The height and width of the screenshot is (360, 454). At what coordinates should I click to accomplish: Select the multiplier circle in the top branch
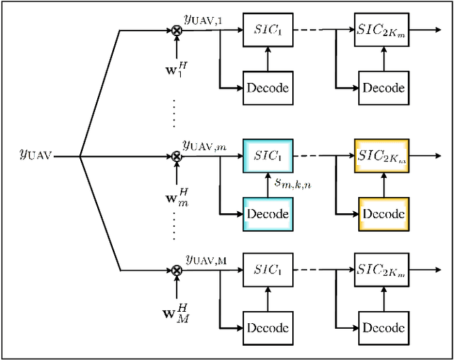[176, 30]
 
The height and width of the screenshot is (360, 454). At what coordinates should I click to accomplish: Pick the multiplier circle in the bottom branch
[176, 270]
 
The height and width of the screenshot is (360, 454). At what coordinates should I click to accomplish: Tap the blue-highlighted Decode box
[267, 213]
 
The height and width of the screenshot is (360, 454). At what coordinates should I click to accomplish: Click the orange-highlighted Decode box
[383, 213]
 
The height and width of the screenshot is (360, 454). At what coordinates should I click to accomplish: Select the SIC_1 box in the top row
[267, 30]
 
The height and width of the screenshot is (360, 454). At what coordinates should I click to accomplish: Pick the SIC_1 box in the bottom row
[267, 270]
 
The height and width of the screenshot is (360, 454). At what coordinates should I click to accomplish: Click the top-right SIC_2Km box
[383, 30]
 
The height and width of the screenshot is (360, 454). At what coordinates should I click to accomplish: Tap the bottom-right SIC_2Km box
[383, 270]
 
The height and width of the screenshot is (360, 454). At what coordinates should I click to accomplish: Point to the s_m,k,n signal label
[294, 182]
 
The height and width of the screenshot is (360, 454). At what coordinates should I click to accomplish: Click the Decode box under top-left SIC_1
[267, 88]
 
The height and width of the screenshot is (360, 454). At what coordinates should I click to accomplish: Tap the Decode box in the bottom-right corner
[383, 328]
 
